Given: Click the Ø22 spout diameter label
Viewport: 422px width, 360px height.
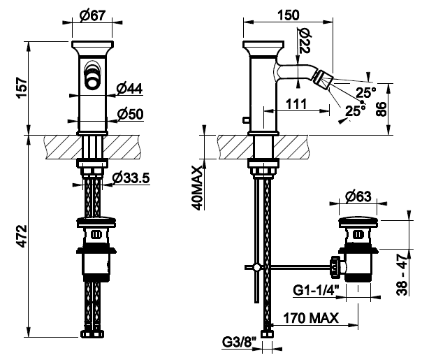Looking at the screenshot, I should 305,40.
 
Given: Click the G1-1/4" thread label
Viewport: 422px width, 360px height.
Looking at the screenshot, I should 316,288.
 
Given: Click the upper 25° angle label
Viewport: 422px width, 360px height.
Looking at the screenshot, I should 365,91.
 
